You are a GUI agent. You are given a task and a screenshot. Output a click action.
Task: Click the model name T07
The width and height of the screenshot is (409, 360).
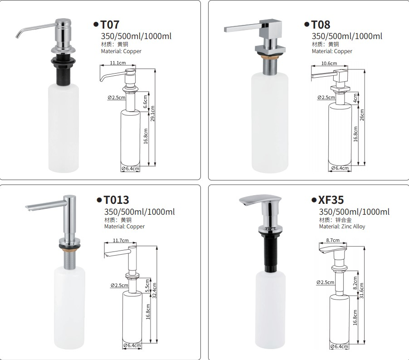tap(110, 25)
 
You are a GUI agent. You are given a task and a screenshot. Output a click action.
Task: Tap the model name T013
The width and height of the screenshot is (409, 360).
tap(116, 200)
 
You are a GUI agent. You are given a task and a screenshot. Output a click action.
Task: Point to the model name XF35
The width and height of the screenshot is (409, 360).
tap(331, 200)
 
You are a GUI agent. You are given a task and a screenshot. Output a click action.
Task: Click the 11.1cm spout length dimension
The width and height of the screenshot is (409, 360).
tap(118, 64)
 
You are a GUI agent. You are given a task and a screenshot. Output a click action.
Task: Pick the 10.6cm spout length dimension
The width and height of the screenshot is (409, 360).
tap(329, 64)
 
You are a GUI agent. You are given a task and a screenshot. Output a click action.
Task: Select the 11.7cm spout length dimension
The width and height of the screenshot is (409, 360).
tap(120, 240)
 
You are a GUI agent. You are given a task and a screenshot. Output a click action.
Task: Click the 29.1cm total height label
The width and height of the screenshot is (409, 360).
tap(153, 113)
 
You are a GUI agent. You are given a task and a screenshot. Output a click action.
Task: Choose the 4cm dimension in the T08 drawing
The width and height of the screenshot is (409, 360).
tap(356, 98)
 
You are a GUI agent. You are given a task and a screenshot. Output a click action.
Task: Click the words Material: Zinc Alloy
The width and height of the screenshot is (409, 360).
tap(342, 226)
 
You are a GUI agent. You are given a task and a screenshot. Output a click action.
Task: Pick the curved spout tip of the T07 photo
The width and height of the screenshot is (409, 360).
tap(18, 36)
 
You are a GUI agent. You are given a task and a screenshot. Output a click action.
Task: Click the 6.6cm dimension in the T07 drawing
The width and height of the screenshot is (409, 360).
tap(146, 101)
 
